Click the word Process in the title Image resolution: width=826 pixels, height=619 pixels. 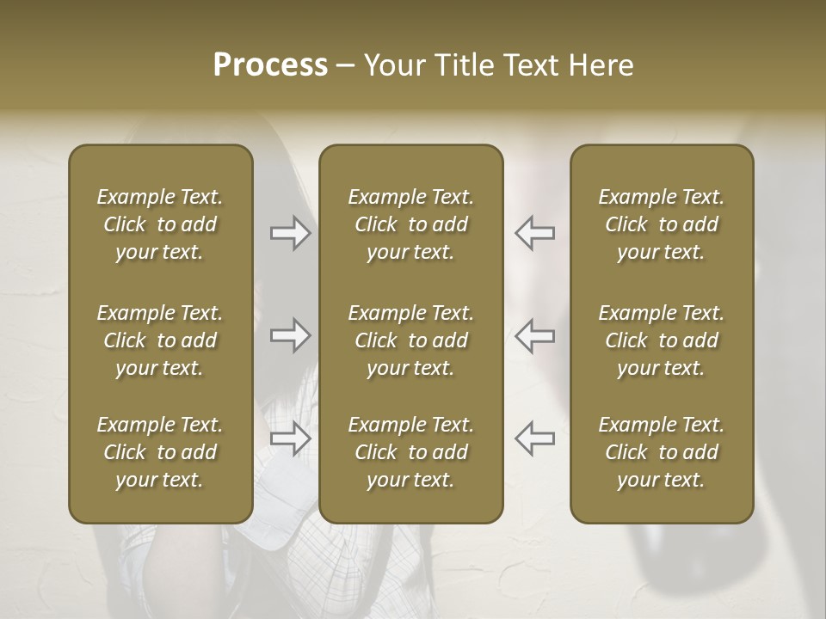tap(270, 65)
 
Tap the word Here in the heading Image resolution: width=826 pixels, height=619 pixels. tap(601, 65)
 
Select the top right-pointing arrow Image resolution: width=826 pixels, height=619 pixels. tap(290, 233)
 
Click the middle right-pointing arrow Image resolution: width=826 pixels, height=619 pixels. tap(290, 335)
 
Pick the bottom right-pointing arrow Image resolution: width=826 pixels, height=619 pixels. tap(290, 438)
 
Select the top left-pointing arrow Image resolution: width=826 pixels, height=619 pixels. tap(534, 233)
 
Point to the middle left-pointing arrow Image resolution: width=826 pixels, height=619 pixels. tap(534, 335)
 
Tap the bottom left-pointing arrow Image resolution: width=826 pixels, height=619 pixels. tap(534, 438)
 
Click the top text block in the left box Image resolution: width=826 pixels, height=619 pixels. tap(160, 224)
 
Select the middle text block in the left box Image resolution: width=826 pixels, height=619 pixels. tap(160, 340)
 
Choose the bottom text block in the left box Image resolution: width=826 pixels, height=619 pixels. tap(160, 452)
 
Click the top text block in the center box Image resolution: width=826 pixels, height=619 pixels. tap(410, 224)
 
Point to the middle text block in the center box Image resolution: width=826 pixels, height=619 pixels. tap(410, 340)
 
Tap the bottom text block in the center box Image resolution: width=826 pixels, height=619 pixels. tap(410, 452)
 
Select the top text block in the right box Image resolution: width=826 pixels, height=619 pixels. tap(661, 224)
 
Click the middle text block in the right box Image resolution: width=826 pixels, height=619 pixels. tap(661, 340)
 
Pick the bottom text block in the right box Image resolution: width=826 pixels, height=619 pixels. tap(661, 452)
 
